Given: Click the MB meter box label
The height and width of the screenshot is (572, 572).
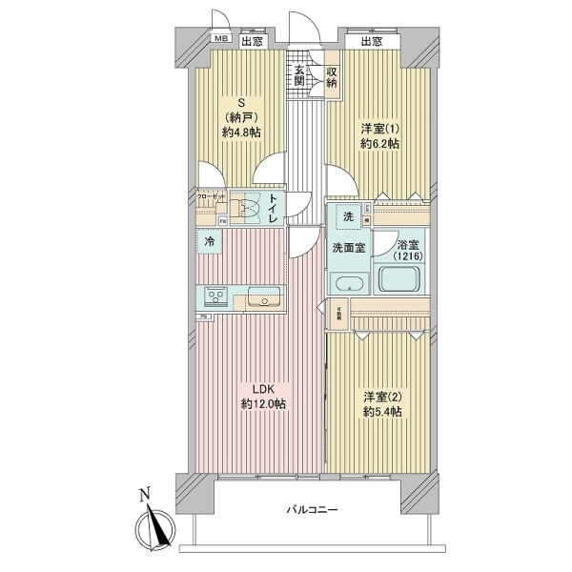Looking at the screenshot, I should [221, 40].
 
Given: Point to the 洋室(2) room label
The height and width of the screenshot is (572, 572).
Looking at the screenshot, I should [381, 404].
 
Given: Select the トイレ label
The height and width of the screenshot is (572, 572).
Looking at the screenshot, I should [273, 207].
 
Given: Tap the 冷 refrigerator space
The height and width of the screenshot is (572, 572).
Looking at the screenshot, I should [210, 243].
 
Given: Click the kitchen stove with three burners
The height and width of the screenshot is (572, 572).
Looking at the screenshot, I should [215, 297].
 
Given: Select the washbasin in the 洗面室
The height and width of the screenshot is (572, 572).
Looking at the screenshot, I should [348, 284].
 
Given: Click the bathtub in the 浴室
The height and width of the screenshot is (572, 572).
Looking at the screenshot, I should [400, 279].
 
